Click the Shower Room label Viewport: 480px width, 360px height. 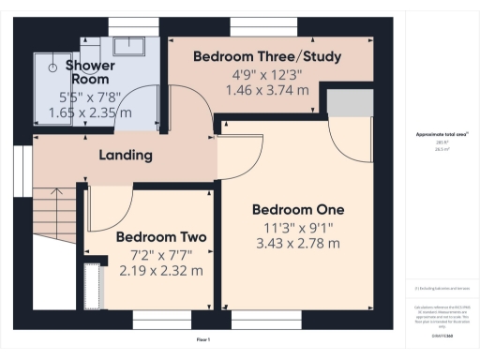(90, 71)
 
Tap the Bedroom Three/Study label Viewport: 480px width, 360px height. (266, 57)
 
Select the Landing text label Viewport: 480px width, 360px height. (127, 155)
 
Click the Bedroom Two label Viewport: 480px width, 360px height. (161, 237)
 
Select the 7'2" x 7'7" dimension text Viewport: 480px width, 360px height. (161, 254)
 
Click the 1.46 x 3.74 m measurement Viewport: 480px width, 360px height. (266, 90)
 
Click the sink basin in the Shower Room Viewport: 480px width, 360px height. (126, 46)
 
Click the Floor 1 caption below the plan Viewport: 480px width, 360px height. (202, 338)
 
